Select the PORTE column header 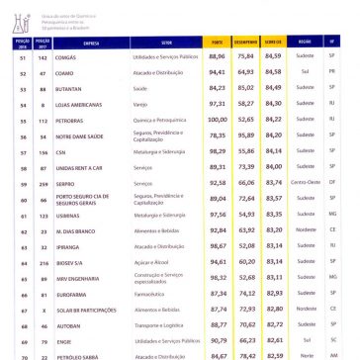(218, 42)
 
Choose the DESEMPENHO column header (245, 42)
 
